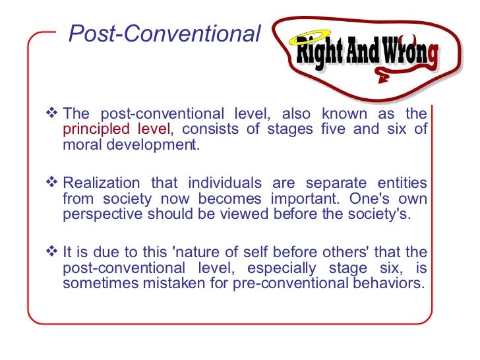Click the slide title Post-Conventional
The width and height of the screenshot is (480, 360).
point(165,34)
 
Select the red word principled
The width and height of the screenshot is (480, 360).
point(89,129)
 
